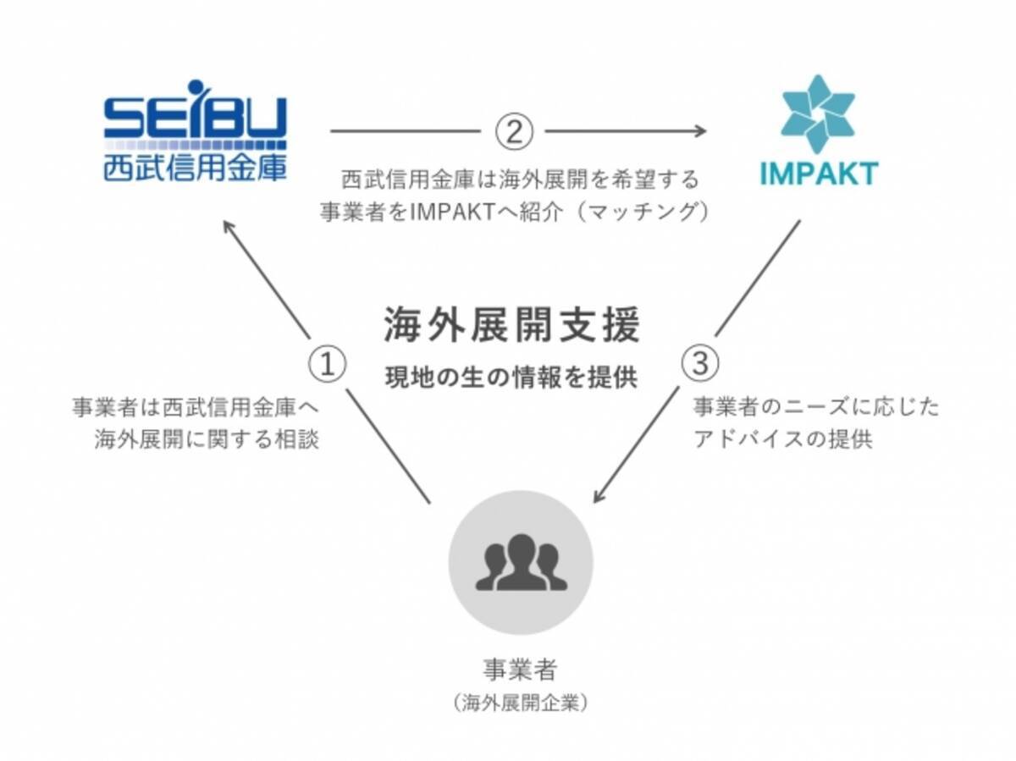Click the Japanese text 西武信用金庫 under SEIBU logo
pyautogui.click(x=195, y=167)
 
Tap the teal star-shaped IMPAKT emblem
pyautogui.click(x=817, y=114)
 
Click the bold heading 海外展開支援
pyautogui.click(x=511, y=327)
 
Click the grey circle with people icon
pyautogui.click(x=521, y=562)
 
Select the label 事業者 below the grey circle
pyautogui.click(x=520, y=670)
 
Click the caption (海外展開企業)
pyautogui.click(x=520, y=703)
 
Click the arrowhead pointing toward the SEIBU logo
pyautogui.click(x=229, y=226)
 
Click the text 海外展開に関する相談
pyautogui.click(x=207, y=440)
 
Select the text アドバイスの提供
pyautogui.click(x=783, y=440)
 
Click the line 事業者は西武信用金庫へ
pyautogui.click(x=196, y=407)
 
